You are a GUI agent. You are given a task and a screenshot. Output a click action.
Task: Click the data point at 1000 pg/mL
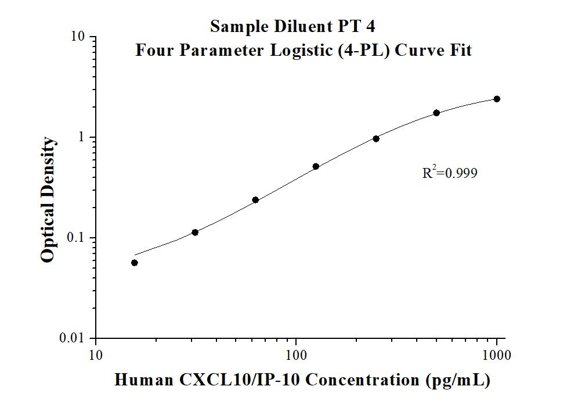pos(497,99)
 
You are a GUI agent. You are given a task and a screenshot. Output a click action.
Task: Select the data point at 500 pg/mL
pos(436,113)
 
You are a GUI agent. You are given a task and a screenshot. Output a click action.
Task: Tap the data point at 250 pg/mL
pos(376,138)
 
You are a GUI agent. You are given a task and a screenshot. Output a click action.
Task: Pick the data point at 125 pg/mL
pos(316,166)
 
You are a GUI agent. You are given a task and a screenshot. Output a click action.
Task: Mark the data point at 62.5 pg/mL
pos(255,200)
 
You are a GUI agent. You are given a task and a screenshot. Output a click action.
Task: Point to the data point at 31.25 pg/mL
pos(195,233)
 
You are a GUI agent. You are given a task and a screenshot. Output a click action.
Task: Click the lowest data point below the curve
pos(135,263)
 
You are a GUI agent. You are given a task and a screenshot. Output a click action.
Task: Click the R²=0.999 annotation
pos(450,173)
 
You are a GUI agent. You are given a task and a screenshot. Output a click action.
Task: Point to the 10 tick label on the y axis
pos(78,37)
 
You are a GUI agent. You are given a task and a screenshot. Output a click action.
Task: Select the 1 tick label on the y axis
pos(82,137)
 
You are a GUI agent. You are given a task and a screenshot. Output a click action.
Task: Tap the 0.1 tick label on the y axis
pos(76,238)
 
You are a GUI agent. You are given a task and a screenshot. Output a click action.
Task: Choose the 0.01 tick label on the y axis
pos(73,338)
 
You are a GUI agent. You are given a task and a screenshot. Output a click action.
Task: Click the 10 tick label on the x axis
pos(96,355)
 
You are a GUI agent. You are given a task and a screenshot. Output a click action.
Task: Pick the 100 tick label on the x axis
pos(296,355)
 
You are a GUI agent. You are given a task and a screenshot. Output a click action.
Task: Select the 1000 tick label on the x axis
pos(497,355)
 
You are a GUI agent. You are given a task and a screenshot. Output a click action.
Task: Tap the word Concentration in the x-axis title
pos(360,380)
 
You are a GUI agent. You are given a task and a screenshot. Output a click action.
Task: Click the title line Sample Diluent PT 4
pos(296,27)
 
